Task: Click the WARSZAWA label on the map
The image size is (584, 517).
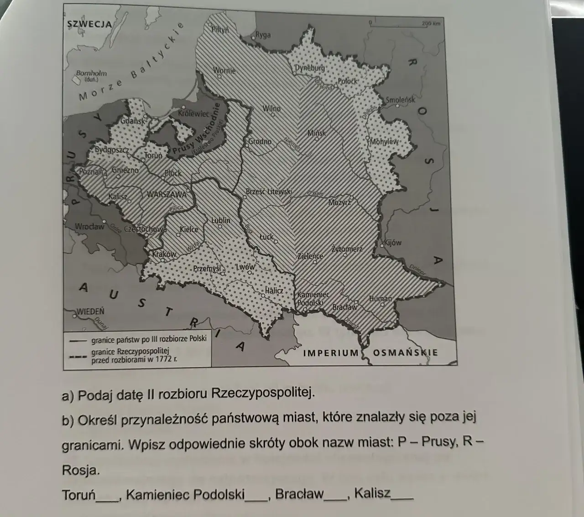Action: coord(167,195)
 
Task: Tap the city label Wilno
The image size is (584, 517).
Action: coord(271,109)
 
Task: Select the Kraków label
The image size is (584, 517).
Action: coord(164,254)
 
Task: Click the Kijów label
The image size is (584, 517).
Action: coord(392,243)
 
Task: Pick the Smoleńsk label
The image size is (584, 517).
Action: coord(401,100)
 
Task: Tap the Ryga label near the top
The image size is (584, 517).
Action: coord(263,35)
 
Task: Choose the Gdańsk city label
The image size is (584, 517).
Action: coord(133,122)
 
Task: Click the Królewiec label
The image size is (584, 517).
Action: coord(193,113)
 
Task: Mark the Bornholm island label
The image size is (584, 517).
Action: coord(91,73)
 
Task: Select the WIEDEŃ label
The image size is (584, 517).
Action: coord(91,312)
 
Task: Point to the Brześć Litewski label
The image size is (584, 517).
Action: coord(269,192)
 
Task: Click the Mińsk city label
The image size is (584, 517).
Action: coord(317,133)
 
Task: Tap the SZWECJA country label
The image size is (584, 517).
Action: coord(89,24)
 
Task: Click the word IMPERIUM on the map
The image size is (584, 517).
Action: coord(331,353)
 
